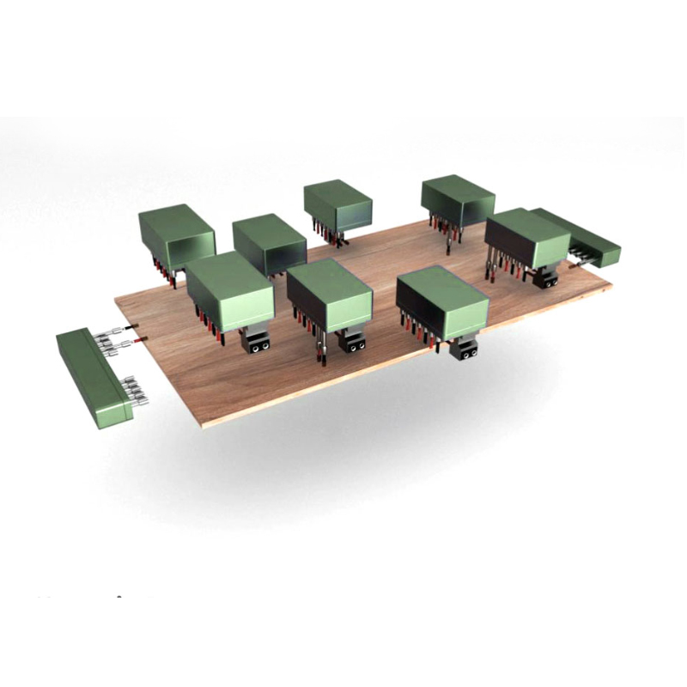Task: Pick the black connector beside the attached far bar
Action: (x=546, y=278)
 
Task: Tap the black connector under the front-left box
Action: (x=255, y=342)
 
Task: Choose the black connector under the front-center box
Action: (x=352, y=341)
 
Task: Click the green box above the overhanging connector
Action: (x=443, y=301)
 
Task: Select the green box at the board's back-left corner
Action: (x=176, y=234)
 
